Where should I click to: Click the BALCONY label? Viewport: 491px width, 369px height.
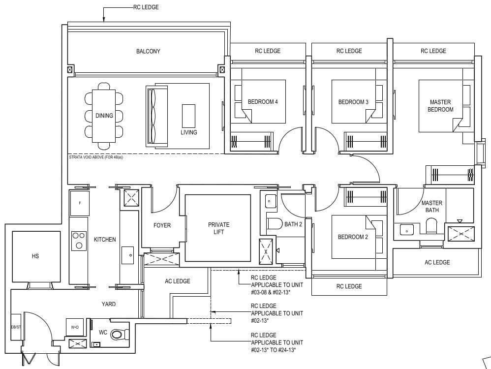pos(148,51)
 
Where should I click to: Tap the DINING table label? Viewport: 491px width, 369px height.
pos(104,116)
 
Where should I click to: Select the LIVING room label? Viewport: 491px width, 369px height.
pos(188,132)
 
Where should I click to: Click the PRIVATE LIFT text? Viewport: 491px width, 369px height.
pos(218,228)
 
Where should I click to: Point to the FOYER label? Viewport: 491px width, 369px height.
pos(162,225)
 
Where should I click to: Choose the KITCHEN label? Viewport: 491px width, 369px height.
pos(105,240)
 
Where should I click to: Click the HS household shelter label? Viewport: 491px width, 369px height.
pos(35,256)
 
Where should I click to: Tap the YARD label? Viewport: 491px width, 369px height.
pos(109,304)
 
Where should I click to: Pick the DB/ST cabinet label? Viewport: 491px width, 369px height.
pos(15,327)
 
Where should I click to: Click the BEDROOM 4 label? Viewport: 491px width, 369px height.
pos(263,102)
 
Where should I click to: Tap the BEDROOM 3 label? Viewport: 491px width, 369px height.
pos(353,102)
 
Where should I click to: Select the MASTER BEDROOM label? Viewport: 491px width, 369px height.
pos(440,106)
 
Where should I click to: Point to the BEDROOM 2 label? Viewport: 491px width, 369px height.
pos(353,237)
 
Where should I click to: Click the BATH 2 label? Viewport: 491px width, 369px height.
pos(293,224)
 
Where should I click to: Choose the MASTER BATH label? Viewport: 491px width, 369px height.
pos(431,206)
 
